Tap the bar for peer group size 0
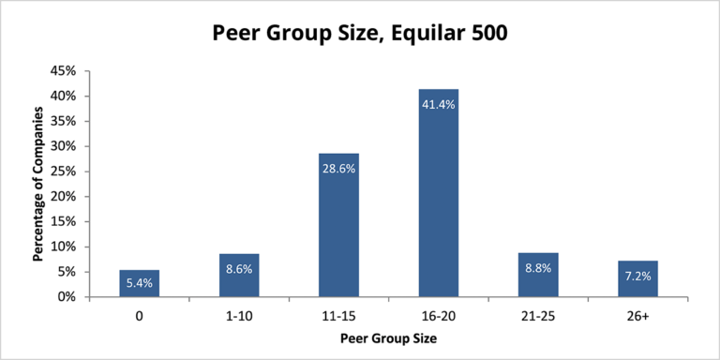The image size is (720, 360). click(140, 283)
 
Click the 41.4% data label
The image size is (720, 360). click(438, 104)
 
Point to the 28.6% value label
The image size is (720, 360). click(338, 169)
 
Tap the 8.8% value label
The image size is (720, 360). click(538, 268)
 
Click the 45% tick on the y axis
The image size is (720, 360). click(68, 71)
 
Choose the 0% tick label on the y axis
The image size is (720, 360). click(71, 297)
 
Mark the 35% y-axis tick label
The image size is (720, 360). click(68, 121)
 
